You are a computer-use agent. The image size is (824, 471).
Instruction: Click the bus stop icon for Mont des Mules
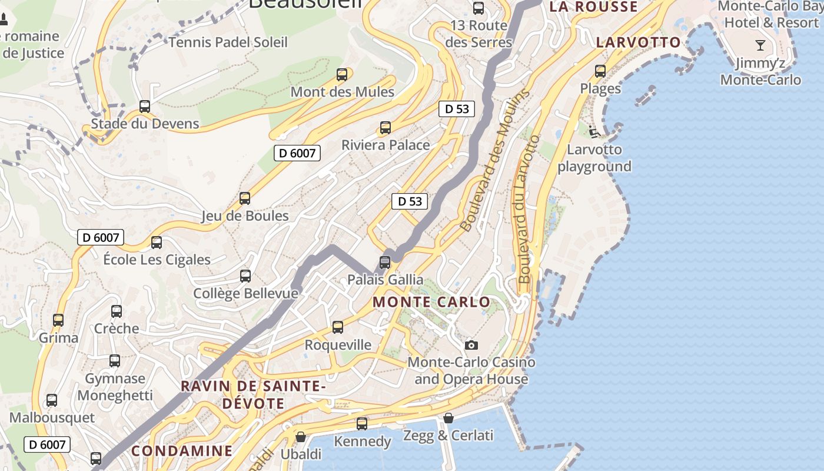342,75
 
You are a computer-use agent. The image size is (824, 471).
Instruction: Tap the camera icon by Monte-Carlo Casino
471,345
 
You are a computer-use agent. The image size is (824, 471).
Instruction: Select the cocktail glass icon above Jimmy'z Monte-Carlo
760,45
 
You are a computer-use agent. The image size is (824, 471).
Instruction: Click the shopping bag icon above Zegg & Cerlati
448,418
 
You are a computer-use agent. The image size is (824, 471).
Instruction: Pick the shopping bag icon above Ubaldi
301,437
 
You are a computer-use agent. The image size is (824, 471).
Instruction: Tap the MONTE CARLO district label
431,302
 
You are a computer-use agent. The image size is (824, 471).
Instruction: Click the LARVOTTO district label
638,42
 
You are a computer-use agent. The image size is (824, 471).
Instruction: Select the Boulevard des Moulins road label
493,160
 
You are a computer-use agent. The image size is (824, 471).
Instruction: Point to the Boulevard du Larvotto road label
527,209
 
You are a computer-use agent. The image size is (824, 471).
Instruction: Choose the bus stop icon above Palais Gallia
385,262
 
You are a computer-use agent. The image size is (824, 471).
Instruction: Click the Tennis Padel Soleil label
228,42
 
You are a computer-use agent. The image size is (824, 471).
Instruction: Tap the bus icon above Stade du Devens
145,107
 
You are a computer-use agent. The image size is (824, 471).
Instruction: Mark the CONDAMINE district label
182,451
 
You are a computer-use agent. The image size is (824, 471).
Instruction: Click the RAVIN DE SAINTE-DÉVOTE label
254,395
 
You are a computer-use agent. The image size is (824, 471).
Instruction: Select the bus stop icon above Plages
600,71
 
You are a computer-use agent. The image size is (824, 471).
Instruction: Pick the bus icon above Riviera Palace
386,127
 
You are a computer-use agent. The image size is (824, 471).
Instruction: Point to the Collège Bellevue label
245,293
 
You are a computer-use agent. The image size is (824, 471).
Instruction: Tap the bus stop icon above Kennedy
362,423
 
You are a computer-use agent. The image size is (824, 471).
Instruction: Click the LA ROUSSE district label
593,7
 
